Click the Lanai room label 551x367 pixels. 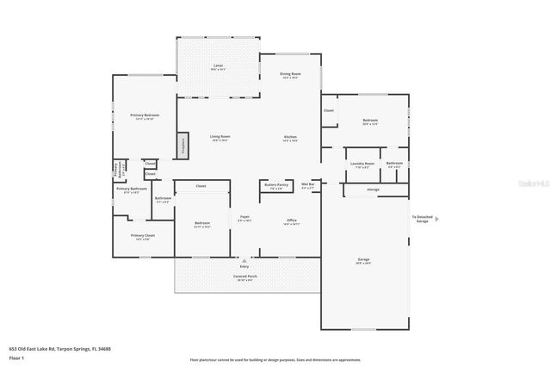click(x=218, y=66)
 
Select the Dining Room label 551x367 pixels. click(x=290, y=75)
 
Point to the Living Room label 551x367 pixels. click(x=220, y=136)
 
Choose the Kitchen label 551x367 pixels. click(x=291, y=138)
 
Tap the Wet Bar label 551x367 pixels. click(x=307, y=184)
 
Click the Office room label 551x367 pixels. click(x=291, y=221)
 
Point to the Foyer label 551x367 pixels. click(x=245, y=218)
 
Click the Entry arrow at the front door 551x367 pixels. click(x=245, y=260)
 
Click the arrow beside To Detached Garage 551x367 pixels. click(x=436, y=219)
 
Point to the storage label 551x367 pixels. click(x=373, y=189)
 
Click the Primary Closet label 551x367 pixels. click(x=143, y=236)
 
